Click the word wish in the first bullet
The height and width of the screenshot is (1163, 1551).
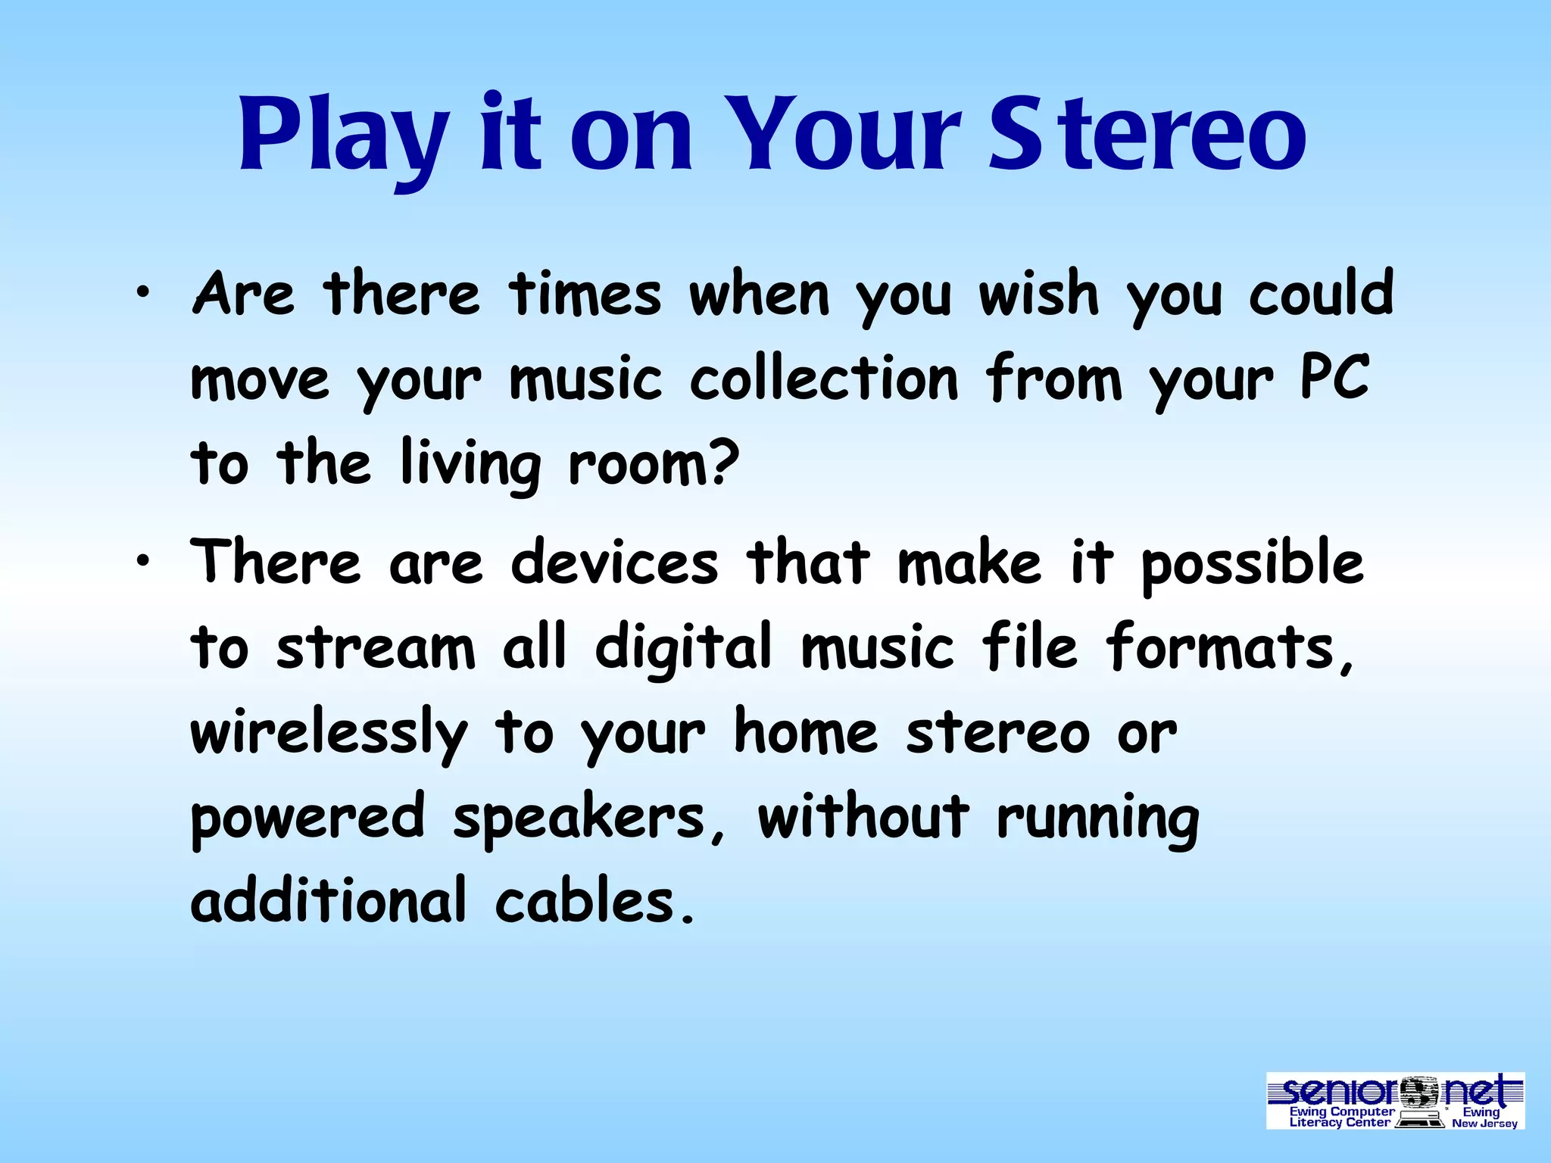[x=1038, y=294]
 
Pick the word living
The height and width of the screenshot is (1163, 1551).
[x=470, y=463]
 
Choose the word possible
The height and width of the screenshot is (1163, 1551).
[x=1252, y=564]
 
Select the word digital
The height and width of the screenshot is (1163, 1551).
[x=682, y=649]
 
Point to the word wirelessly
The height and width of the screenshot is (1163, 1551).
[x=329, y=733]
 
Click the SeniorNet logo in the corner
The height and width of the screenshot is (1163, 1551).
[x=1395, y=1100]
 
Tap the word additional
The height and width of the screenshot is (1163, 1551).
[x=328, y=902]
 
